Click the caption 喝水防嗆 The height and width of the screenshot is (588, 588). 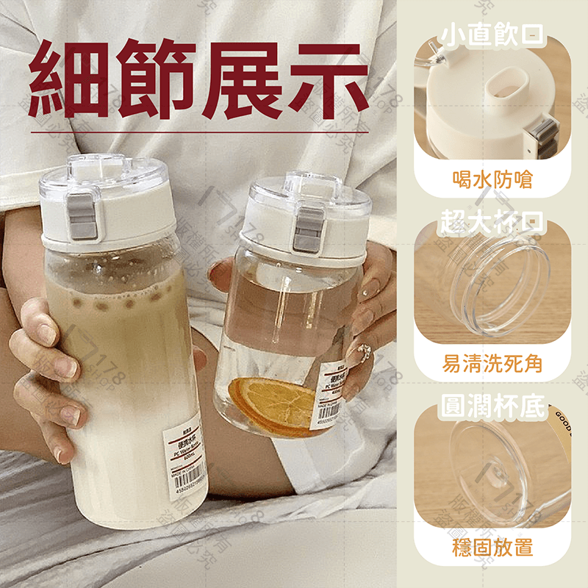(492, 179)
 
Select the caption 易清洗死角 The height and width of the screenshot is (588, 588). (492, 362)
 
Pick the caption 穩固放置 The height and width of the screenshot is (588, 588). (492, 547)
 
